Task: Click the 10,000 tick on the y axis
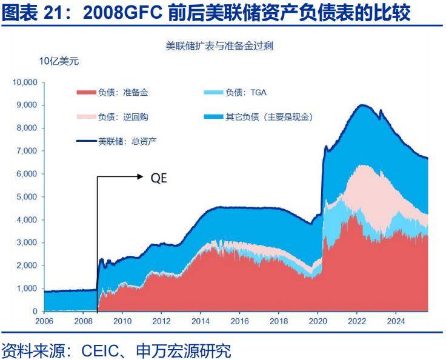coord(25,82)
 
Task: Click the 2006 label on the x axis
coord(45,321)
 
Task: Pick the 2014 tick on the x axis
coord(201,321)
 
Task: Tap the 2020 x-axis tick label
coord(318,321)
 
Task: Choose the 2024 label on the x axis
coord(395,321)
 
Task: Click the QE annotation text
coord(159,178)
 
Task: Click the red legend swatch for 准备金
coord(86,93)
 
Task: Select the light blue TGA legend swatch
coord(214,93)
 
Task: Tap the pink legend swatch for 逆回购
coord(86,117)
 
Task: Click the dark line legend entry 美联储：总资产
coord(119,141)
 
